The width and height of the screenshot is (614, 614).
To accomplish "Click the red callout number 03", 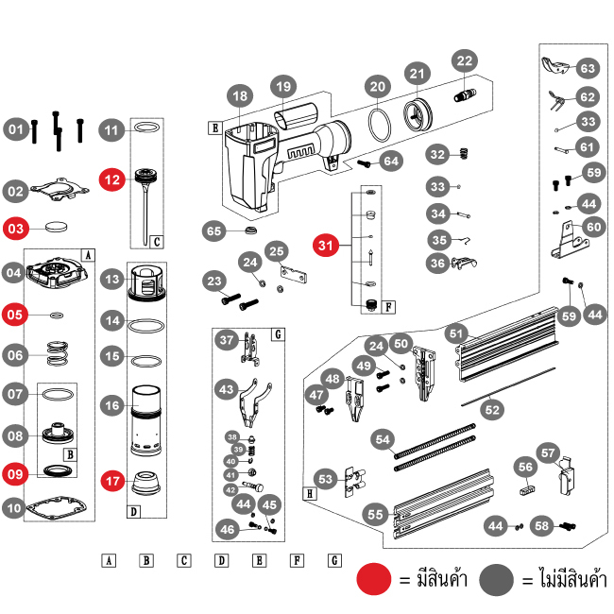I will coord(16,228).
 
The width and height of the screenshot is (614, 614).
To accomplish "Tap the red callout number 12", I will coord(112,177).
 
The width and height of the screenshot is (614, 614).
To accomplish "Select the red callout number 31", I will coord(326,246).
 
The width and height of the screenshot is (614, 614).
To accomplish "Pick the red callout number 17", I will coord(112,480).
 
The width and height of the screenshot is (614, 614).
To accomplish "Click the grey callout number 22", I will coord(464,61).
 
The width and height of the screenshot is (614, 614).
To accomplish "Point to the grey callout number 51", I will coord(456,333).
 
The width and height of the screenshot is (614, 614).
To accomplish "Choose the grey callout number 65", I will coord(214,230).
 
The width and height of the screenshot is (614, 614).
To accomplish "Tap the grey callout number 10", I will coord(14,508).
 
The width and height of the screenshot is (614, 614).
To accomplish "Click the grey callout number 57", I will coord(549,452).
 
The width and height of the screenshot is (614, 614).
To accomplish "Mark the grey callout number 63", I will coord(588,68).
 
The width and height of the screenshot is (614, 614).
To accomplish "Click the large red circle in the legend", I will coord(374,578).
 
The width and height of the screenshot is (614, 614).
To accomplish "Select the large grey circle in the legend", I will coord(498,578).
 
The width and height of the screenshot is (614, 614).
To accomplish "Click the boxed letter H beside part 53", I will coord(310,493).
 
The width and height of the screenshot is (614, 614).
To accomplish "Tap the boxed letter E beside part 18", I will coord(215,126).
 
